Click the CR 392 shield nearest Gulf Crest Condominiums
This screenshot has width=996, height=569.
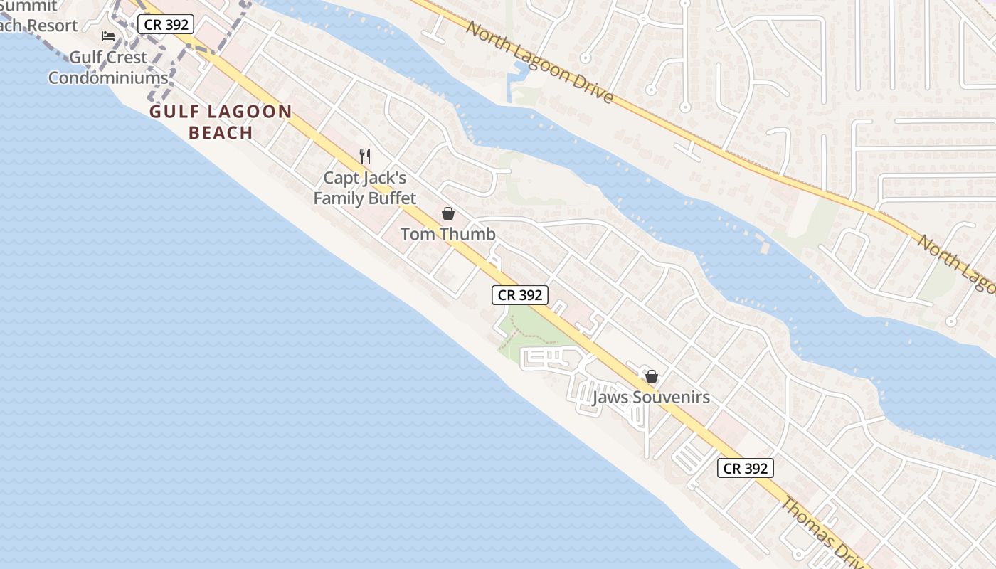[x=166, y=25]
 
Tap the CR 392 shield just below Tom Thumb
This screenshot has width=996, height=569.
[x=520, y=295]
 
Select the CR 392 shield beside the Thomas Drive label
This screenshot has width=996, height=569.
[x=745, y=468]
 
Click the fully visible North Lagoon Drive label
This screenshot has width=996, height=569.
[x=540, y=62]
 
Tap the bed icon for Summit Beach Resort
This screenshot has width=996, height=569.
[x=108, y=36]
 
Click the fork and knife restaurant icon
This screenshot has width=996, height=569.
[x=365, y=156]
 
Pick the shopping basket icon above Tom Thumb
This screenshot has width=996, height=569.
[x=448, y=213]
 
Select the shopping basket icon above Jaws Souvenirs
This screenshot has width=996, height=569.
[x=651, y=376]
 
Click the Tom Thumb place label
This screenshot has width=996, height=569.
[x=447, y=234]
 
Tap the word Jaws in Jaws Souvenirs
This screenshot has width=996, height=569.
[x=610, y=398]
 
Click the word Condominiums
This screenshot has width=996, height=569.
[x=108, y=78]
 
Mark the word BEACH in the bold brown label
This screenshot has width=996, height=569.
[x=221, y=132]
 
